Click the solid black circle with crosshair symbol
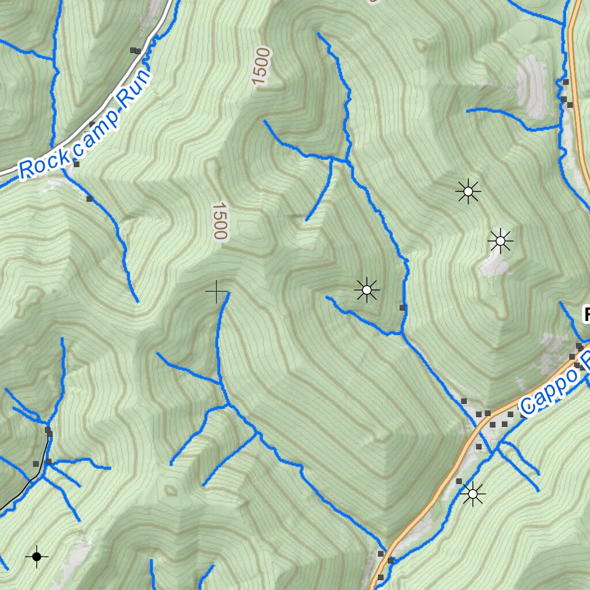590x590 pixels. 37,557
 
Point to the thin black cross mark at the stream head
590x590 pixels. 217,292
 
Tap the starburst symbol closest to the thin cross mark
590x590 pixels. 366,289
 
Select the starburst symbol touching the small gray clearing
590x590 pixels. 500,241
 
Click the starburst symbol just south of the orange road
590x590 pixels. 473,494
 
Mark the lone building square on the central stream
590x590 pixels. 403,308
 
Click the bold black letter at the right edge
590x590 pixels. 587,315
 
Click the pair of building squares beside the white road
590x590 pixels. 135,51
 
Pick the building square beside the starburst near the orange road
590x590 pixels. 459,481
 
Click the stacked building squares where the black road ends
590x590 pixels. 49,432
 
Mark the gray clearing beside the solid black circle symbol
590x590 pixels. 78,553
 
